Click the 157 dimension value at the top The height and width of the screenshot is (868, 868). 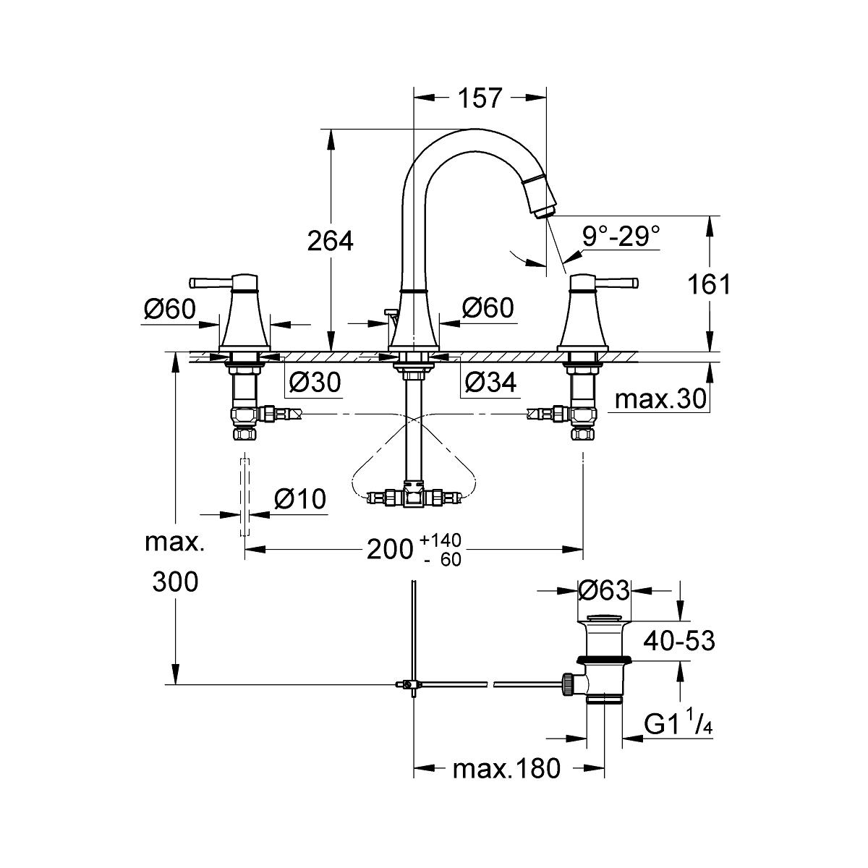[480, 98]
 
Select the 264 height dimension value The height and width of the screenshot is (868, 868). [331, 241]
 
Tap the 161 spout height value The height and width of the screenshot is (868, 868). [709, 284]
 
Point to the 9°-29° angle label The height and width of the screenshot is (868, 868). [621, 237]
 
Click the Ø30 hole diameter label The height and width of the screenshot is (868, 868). [315, 383]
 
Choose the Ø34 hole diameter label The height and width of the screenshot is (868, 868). [490, 383]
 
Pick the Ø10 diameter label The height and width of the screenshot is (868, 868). [300, 499]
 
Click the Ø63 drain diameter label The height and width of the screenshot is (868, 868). [603, 590]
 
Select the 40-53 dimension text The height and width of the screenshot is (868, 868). [678, 641]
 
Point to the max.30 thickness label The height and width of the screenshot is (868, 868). [660, 399]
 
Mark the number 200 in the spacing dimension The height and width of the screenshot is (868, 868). [390, 549]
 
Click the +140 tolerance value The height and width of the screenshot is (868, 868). [440, 539]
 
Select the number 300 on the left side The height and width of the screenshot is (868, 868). [175, 582]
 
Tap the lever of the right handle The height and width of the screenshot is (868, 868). [614, 283]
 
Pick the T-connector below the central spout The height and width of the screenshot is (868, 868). [414, 498]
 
